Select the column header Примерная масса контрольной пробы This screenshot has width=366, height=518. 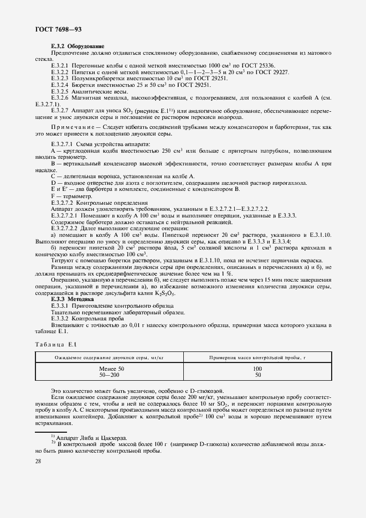point(257,358)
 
